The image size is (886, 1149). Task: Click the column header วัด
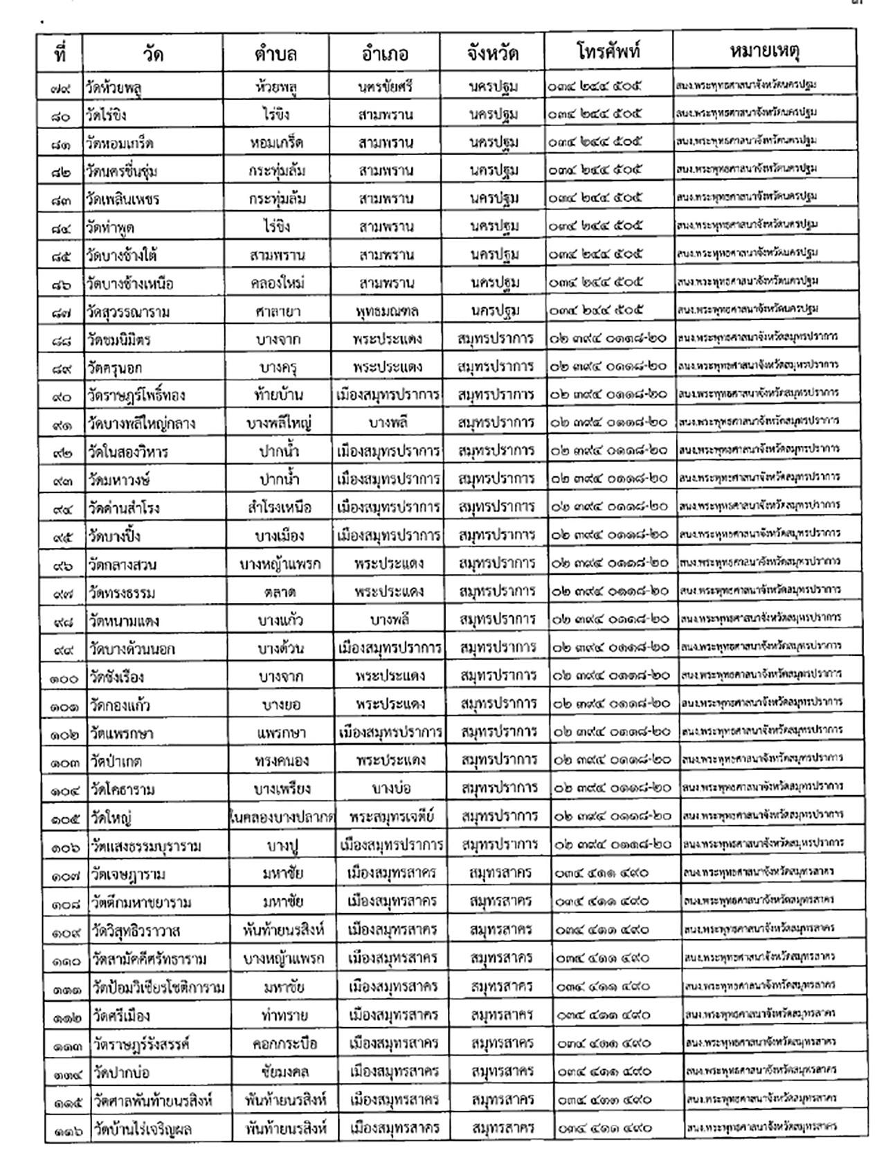153,53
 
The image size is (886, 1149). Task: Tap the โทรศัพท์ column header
608,52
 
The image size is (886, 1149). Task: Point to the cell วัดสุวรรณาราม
129,312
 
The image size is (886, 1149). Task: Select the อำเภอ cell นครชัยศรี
386,87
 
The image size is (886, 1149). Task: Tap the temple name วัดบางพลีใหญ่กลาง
141,424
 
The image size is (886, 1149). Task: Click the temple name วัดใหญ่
111,818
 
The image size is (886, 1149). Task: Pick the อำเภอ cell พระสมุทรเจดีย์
392,817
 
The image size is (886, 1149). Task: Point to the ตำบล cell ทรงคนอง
281,761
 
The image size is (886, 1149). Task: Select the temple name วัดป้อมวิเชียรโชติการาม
159,988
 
